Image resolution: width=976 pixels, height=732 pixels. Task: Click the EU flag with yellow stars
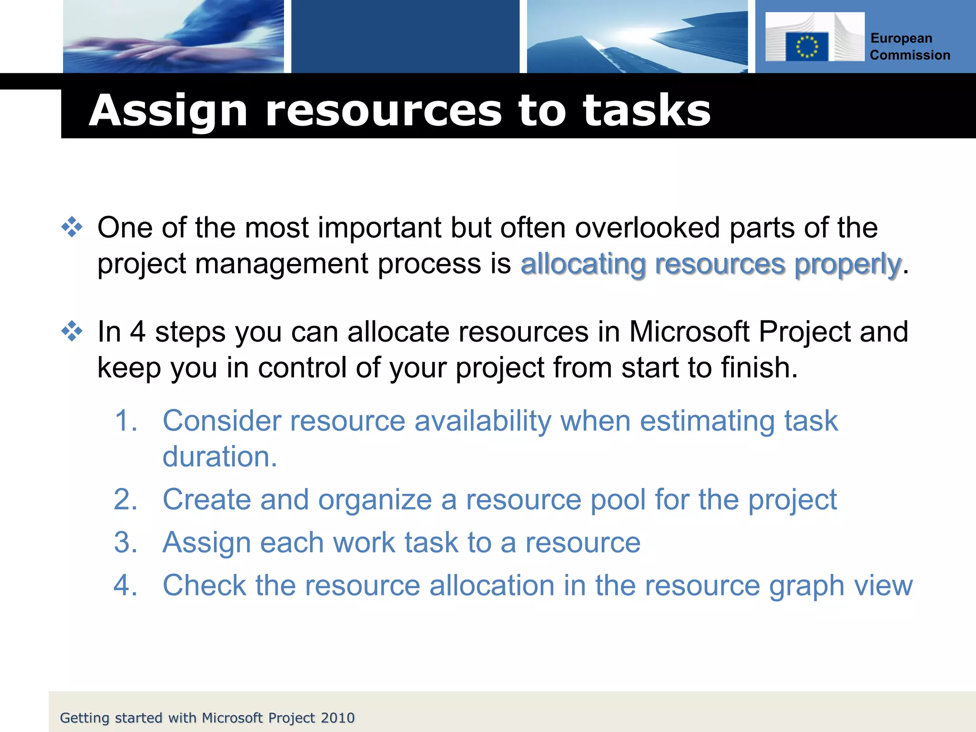point(806,47)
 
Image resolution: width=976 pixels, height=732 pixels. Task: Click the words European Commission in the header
point(909,47)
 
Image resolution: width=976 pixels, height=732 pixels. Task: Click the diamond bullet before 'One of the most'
point(72,227)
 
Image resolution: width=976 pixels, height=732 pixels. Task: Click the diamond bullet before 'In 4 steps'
point(72,331)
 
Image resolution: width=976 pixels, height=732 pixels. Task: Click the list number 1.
point(126,421)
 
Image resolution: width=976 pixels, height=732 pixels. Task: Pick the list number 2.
point(126,500)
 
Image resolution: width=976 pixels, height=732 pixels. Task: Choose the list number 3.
point(126,543)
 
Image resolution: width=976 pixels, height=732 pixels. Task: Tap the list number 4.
point(126,586)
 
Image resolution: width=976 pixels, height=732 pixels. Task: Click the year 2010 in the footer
point(337,718)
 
